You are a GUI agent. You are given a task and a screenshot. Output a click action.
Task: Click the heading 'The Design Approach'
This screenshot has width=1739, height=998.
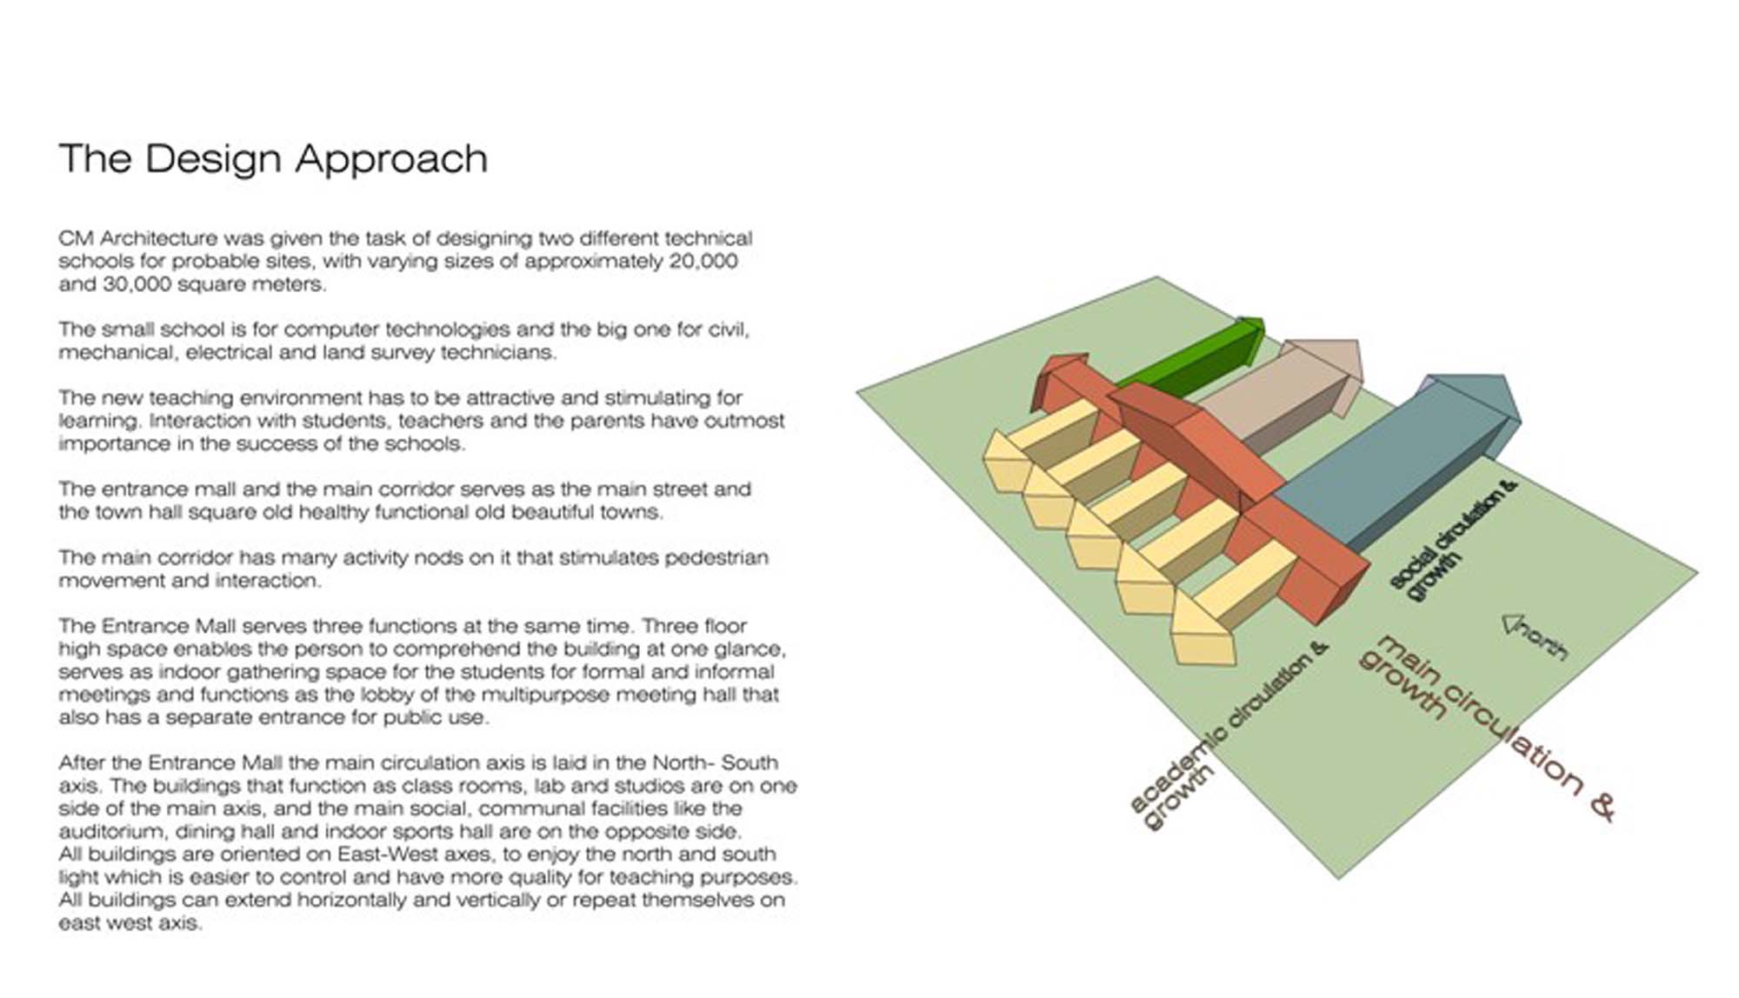coord(273,160)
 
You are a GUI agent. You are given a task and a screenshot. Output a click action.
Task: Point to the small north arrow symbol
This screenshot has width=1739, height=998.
coord(1513,623)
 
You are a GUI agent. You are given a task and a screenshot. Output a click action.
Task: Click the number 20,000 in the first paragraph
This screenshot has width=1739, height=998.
coord(703,262)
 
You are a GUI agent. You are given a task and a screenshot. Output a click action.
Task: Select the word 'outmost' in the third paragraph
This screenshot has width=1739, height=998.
coord(744,421)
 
